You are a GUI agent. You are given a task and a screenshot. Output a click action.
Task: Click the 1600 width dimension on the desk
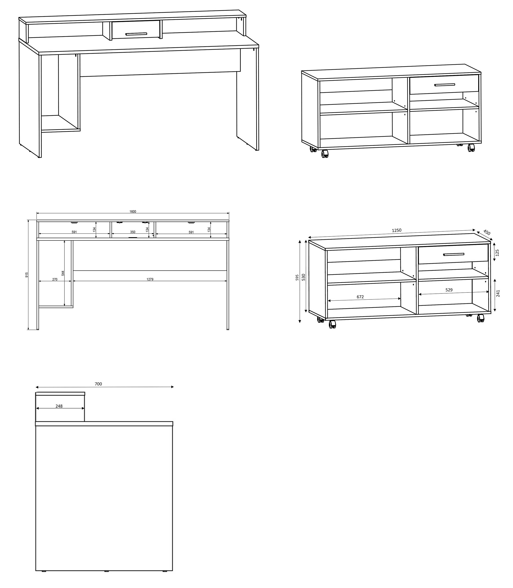133,212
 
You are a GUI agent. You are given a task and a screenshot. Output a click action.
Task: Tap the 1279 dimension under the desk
150,279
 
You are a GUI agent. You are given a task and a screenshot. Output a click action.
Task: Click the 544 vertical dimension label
63,273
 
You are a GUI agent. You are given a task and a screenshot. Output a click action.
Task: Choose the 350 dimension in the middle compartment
133,232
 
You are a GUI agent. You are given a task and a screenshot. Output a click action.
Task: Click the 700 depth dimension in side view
98,384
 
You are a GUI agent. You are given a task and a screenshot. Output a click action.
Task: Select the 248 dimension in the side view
59,406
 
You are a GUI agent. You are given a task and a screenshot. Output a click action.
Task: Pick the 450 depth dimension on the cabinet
487,232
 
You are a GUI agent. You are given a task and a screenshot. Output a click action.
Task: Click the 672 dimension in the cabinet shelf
360,297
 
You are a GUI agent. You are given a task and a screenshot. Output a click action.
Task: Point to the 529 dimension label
449,290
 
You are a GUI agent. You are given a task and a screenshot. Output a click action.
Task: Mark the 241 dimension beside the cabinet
498,293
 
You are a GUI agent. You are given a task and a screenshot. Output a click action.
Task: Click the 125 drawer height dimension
497,252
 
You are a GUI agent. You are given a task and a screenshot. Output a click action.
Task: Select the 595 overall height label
297,277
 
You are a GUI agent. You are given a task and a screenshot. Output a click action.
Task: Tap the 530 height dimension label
303,277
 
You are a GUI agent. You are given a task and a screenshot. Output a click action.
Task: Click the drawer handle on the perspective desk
136,34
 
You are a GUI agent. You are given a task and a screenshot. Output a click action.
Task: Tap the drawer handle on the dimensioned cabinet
453,254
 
